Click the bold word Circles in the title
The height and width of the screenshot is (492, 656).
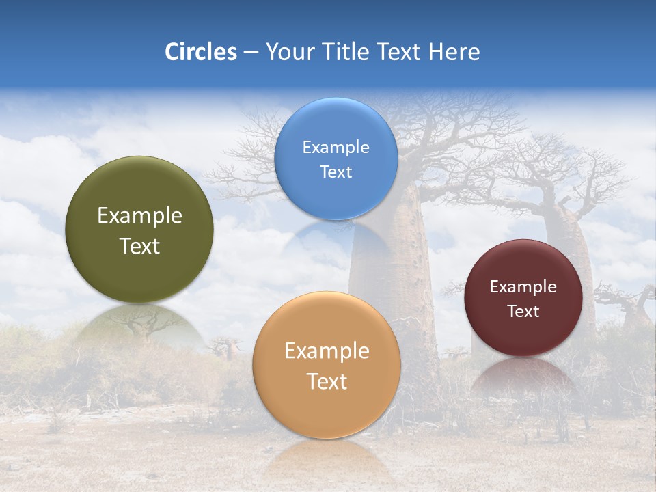200,52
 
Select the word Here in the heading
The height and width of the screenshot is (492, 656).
454,52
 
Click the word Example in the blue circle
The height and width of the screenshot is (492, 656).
336,147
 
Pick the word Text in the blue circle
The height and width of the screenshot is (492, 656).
336,172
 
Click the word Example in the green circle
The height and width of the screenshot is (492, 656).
139,216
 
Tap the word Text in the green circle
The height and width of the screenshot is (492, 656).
139,246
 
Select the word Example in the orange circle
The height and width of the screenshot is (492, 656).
327,351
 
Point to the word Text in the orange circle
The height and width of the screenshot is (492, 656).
327,381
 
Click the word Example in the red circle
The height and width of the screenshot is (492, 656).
523,286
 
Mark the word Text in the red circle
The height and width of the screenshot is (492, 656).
523,311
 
